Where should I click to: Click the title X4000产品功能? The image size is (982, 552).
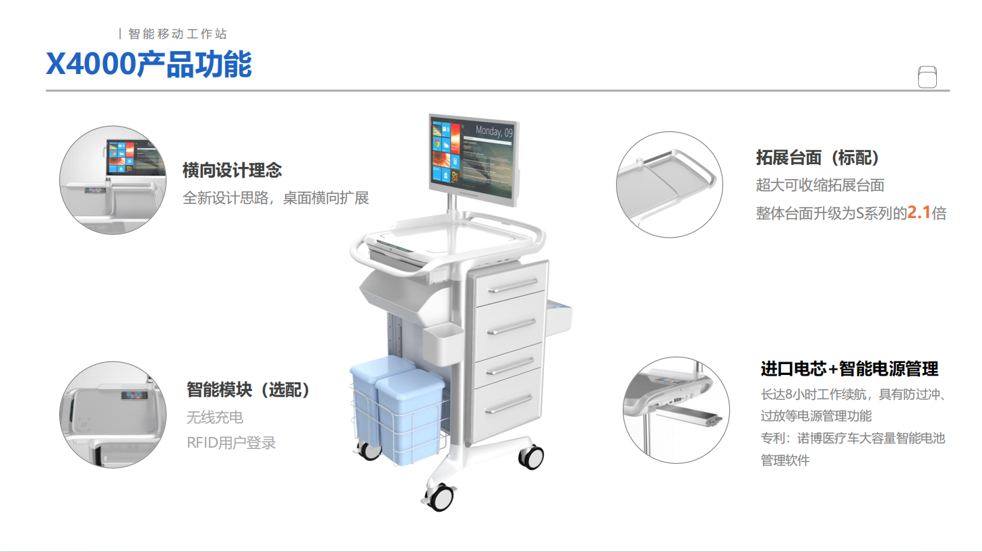pyautogui.click(x=149, y=64)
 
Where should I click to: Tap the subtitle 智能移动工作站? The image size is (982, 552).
pyautogui.click(x=177, y=34)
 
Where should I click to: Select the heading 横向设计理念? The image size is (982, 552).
pyautogui.click(x=232, y=170)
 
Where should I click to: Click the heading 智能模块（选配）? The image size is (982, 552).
pyautogui.click(x=248, y=390)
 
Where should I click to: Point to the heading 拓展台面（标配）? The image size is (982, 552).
pyautogui.click(x=818, y=158)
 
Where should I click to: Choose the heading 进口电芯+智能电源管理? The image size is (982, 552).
pyautogui.click(x=849, y=369)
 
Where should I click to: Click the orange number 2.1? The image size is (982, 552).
pyautogui.click(x=919, y=213)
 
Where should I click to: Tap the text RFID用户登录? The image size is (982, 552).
pyautogui.click(x=231, y=442)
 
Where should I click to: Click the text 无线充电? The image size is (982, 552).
pyautogui.click(x=215, y=417)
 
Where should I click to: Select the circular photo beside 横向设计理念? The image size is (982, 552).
pyautogui.click(x=113, y=180)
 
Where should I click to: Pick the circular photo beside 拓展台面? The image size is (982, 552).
pyautogui.click(x=669, y=184)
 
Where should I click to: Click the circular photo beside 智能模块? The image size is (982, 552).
pyautogui.click(x=113, y=415)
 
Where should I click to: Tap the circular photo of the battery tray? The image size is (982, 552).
pyautogui.click(x=676, y=410)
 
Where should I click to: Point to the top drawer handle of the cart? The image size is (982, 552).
pyautogui.click(x=512, y=285)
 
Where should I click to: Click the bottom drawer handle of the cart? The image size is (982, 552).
pyautogui.click(x=509, y=404)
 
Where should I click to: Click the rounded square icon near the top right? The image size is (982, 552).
pyautogui.click(x=927, y=77)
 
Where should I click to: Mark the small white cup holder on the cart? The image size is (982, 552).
pyautogui.click(x=443, y=344)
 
